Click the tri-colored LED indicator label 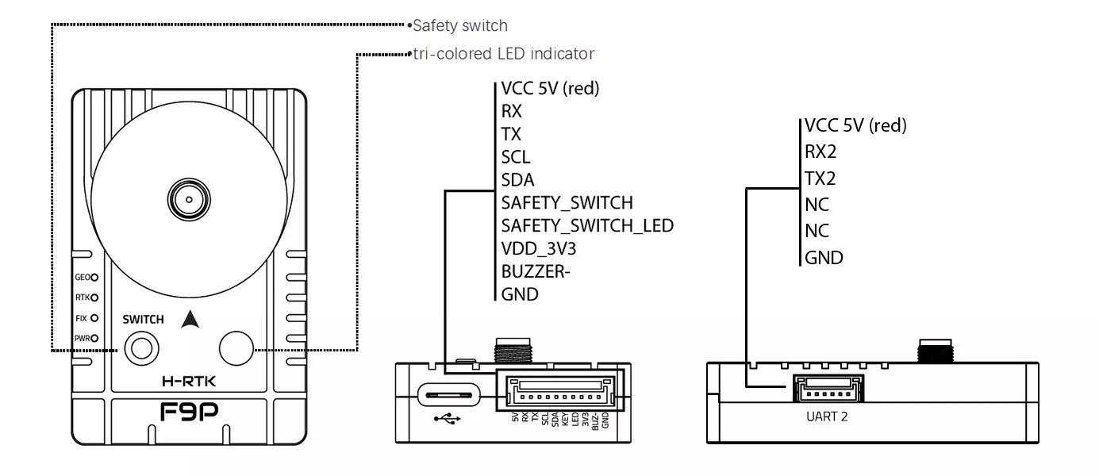coord(503,54)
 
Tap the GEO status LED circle coord(94,278)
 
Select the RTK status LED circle coord(94,298)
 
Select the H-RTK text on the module coord(189,382)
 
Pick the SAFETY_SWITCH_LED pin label coord(587,225)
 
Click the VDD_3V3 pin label coord(538,248)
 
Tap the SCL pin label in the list coord(516,156)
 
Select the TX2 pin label coord(821,178)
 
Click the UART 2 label coord(827,416)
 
